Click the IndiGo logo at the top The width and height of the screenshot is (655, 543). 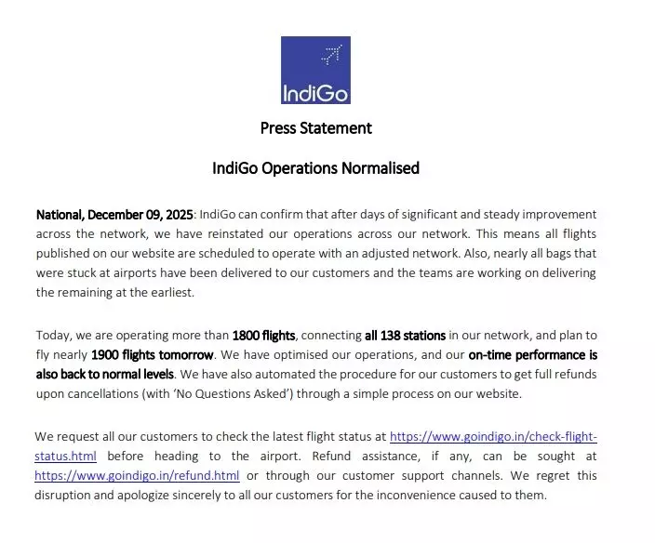[315, 70]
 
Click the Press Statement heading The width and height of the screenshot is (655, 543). [315, 127]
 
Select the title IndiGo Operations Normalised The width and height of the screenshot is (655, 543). [315, 168]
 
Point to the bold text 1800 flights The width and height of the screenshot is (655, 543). [263, 335]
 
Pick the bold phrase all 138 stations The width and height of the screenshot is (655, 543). [405, 335]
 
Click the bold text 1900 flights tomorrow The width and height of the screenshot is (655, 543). [153, 354]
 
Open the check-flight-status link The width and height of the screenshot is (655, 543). [492, 436]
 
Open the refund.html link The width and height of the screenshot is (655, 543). [137, 475]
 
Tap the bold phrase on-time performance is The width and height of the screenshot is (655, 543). [532, 354]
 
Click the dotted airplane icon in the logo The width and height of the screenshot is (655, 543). [330, 55]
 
